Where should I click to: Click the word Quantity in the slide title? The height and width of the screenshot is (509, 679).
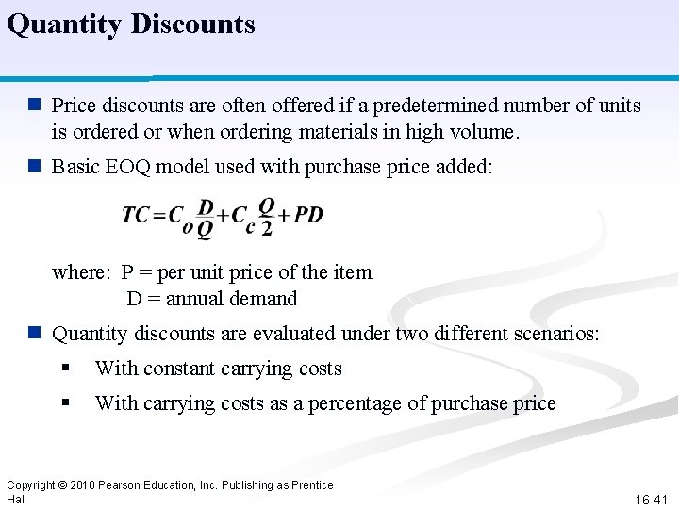pos(65,25)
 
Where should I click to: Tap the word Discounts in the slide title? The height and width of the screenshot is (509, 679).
pos(192,24)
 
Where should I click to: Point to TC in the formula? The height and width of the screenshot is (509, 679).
pos(138,215)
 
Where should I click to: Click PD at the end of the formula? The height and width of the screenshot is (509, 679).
pos(308,214)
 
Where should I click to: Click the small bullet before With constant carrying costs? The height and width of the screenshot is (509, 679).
pos(65,369)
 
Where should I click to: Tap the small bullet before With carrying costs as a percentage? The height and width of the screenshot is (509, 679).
pos(65,403)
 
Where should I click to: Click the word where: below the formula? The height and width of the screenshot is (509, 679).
pos(82,272)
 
